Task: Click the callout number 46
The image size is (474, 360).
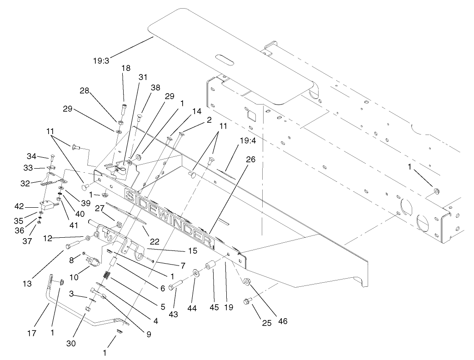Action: click(283, 321)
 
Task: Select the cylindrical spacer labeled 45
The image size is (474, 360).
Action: click(210, 265)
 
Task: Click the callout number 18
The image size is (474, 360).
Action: click(126, 68)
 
